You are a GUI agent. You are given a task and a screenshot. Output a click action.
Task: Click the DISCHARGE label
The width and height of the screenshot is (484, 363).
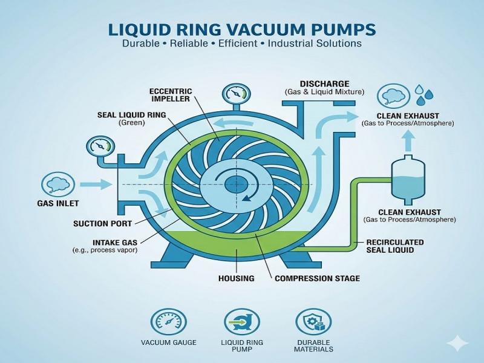pyautogui.click(x=324, y=83)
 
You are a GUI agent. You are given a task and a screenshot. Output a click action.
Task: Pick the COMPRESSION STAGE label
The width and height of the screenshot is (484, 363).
pyautogui.click(x=317, y=278)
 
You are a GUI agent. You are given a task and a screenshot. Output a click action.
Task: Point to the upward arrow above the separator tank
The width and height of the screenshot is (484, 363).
pyautogui.click(x=408, y=141)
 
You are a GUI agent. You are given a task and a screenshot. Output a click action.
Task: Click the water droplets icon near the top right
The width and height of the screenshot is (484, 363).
pyautogui.click(x=424, y=94)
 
